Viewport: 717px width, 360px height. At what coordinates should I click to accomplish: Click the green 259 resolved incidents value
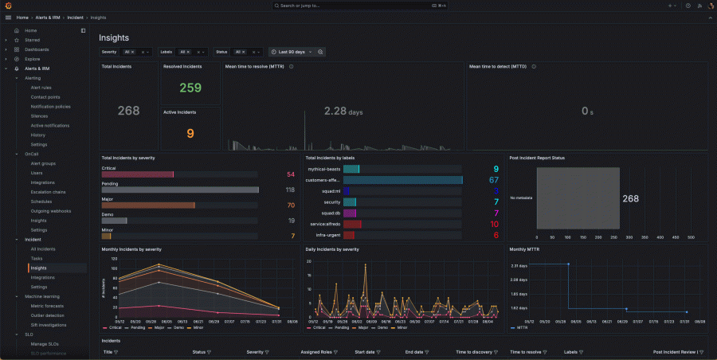190,88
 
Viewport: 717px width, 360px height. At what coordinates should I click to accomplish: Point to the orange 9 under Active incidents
190,133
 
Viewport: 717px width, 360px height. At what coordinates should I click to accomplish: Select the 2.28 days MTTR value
343,112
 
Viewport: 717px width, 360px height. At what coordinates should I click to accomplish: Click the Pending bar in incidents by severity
180,190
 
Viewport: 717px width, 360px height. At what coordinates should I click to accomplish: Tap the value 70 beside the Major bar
290,205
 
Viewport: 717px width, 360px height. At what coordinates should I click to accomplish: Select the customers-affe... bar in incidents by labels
402,180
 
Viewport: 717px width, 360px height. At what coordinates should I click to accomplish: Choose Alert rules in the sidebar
41,87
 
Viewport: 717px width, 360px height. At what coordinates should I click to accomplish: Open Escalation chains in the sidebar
48,192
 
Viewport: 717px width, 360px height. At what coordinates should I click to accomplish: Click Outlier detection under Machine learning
47,315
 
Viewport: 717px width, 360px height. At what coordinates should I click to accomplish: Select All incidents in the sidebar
43,248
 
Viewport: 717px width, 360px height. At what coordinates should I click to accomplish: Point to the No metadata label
521,198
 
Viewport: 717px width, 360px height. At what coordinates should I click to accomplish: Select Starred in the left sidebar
32,40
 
